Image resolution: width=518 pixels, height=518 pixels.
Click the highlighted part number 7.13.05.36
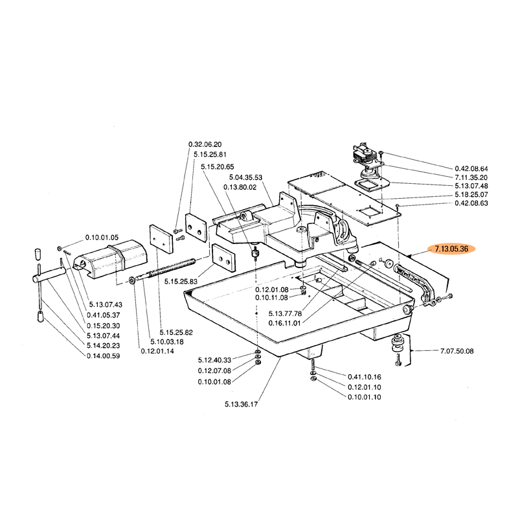pos(452,248)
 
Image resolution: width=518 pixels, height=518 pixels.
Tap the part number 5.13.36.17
pos(242,405)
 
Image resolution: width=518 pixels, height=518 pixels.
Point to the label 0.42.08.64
pos(471,168)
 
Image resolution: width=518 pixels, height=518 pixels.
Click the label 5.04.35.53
pos(245,177)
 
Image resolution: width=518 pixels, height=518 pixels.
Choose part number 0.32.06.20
pos(205,144)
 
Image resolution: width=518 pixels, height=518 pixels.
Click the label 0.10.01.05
pos(102,238)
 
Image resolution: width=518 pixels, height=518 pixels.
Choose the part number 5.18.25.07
pos(471,194)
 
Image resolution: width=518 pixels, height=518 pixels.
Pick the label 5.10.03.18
pos(167,341)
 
